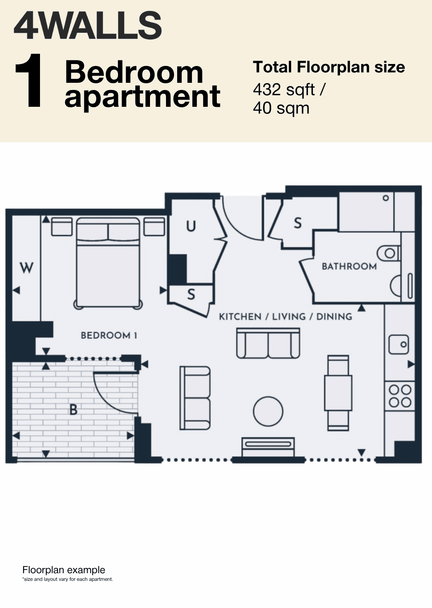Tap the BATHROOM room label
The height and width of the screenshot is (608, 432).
(x=349, y=266)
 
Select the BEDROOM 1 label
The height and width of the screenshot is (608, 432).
(x=109, y=336)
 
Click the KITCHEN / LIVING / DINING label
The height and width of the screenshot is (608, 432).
(x=286, y=316)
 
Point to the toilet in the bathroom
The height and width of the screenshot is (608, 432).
(x=388, y=254)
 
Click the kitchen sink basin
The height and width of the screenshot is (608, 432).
(x=399, y=344)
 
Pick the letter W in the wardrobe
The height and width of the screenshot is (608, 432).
(x=26, y=268)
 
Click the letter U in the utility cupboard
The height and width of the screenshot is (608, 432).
(x=191, y=226)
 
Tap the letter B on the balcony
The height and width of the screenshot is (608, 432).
(x=73, y=410)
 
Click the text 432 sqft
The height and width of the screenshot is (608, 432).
(x=284, y=90)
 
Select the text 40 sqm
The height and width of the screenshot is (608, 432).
(x=281, y=108)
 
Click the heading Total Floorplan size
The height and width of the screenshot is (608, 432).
(x=329, y=67)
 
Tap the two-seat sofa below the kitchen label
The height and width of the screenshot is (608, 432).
(x=268, y=343)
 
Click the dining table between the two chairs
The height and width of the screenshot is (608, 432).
(x=338, y=393)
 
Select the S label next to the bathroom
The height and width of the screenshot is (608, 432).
(x=298, y=223)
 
